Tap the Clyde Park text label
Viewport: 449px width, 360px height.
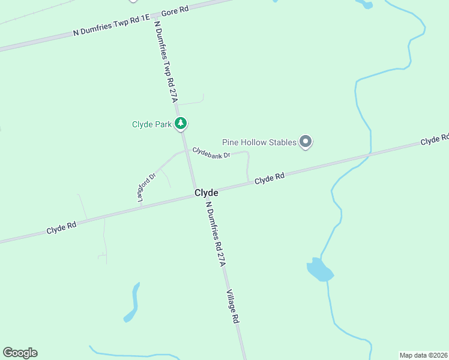152,125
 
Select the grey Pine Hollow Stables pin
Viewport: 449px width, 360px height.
306,142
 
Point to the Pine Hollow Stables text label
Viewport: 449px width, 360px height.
259,143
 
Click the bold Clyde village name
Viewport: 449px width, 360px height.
206,193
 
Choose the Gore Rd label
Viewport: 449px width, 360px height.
174,11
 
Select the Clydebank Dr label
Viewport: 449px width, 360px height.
211,154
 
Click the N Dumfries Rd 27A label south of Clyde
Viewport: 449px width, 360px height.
215,233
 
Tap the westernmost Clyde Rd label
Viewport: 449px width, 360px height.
62,227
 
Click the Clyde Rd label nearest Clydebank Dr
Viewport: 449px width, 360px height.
269,179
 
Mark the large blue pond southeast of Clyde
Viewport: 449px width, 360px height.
319,271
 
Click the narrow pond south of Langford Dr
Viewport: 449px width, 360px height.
134,303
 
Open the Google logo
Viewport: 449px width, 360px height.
20,353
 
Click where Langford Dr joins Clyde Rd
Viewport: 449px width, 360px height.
140,206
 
